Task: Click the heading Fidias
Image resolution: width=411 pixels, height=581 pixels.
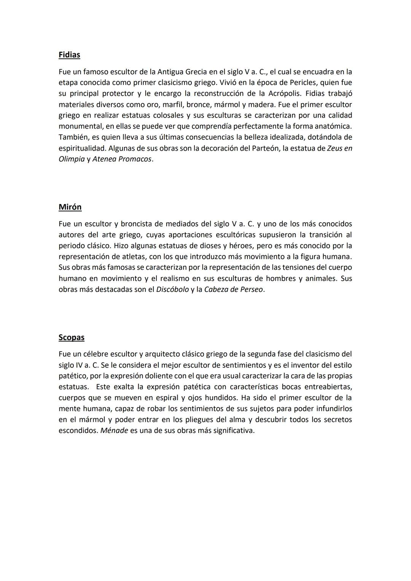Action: click(x=69, y=55)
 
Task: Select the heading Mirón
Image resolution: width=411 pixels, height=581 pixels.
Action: click(x=70, y=207)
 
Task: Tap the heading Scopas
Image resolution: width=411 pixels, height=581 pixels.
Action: click(x=72, y=337)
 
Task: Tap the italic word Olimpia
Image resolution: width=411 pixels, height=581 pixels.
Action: click(x=72, y=159)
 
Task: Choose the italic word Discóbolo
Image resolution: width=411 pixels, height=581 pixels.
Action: click(x=172, y=290)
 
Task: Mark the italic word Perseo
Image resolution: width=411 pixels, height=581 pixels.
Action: click(x=250, y=290)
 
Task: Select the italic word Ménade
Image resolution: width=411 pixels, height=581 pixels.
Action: click(x=114, y=431)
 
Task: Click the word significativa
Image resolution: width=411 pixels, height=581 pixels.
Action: click(x=231, y=431)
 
